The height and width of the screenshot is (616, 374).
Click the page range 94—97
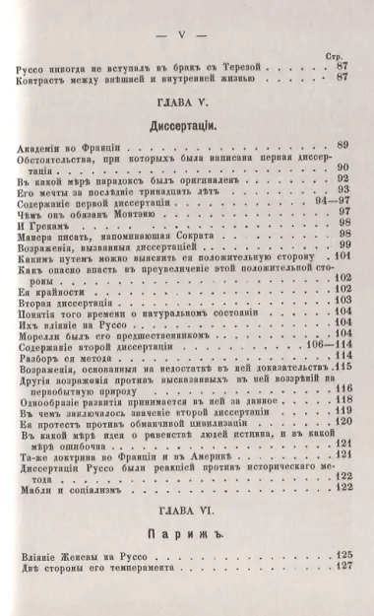point(312,201)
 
